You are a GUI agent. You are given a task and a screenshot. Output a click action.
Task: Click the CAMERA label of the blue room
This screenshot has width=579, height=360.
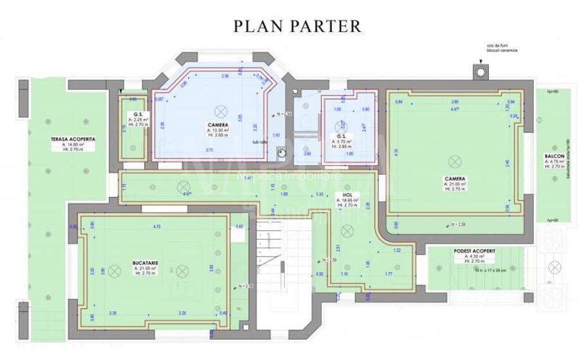[x=217, y=123]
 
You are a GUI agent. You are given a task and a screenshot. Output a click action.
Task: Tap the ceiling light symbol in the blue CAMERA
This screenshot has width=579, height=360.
[x=219, y=109]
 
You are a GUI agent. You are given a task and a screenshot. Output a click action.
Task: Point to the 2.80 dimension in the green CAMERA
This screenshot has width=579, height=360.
[x=455, y=102]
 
